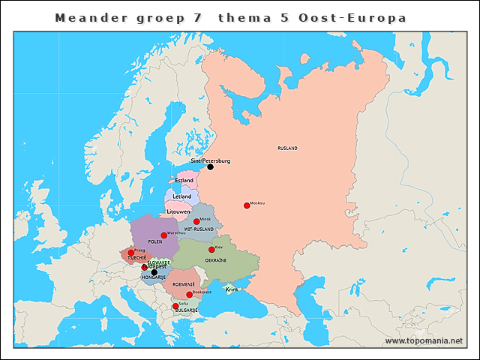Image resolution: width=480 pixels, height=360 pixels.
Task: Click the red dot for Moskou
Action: [x=246, y=205]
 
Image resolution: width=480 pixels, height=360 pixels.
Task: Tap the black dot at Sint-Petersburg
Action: [x=210, y=166]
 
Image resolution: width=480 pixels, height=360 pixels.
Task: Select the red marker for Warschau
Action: [x=163, y=235]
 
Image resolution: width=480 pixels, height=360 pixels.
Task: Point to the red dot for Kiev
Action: [x=211, y=250]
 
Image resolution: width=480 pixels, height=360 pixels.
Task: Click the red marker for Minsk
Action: [x=196, y=222]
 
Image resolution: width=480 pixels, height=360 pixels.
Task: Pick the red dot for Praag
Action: [x=131, y=253]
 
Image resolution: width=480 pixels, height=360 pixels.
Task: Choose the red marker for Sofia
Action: [x=175, y=306]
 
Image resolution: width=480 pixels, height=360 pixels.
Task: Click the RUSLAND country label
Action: [x=287, y=148]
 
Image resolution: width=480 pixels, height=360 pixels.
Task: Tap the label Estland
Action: [x=184, y=181]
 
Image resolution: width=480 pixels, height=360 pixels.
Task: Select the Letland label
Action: [x=182, y=196]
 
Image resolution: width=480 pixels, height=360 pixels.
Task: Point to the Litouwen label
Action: [x=178, y=212]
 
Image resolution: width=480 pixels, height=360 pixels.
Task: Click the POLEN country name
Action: [x=155, y=242]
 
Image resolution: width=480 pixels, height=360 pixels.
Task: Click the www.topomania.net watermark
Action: [x=423, y=340]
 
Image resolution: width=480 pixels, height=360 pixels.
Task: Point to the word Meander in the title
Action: [x=85, y=17]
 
